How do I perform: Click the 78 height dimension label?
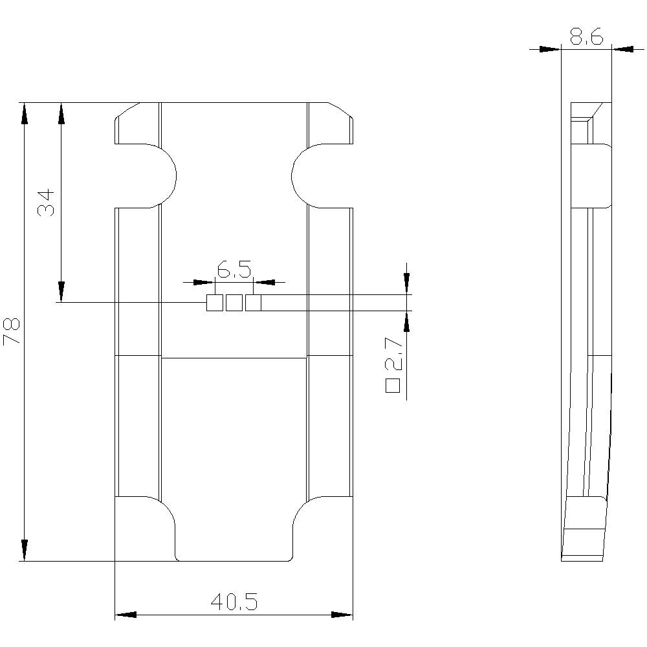click(x=13, y=331)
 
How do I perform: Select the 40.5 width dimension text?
click(x=234, y=602)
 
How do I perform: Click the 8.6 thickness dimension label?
click(x=586, y=38)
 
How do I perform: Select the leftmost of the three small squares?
click(x=214, y=302)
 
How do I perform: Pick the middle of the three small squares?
click(x=234, y=302)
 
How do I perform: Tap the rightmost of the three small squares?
click(x=253, y=302)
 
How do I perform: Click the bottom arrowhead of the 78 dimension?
click(x=25, y=550)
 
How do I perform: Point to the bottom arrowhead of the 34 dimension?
click(x=61, y=291)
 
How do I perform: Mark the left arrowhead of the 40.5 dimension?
click(x=126, y=614)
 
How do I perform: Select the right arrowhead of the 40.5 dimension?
click(x=342, y=614)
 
